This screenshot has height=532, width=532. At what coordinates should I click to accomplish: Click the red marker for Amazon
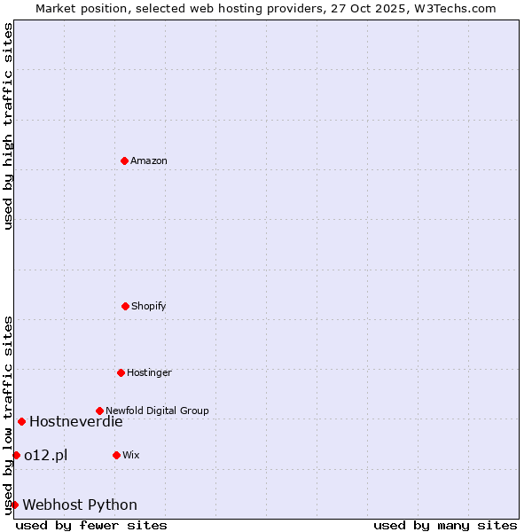[124, 160]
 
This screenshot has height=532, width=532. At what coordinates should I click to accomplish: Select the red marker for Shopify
[125, 306]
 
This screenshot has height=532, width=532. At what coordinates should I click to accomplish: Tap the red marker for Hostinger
[121, 372]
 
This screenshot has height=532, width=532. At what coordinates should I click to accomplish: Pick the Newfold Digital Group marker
[99, 411]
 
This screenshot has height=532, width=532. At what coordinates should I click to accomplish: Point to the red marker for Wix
[116, 455]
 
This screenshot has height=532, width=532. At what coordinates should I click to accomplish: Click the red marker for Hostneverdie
[21, 421]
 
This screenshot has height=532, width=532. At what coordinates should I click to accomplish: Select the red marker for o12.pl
[16, 455]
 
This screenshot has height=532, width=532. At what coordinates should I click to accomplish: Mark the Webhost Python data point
[14, 505]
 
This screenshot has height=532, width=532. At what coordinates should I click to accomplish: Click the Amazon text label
[149, 160]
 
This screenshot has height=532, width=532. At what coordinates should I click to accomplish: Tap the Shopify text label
[149, 306]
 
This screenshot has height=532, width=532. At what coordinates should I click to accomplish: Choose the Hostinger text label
[149, 372]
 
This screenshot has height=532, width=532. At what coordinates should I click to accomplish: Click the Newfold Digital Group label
[157, 411]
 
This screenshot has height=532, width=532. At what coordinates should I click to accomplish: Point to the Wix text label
[131, 455]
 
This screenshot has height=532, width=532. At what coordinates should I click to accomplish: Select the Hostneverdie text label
[76, 422]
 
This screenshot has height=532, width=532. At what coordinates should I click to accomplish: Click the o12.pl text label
[46, 456]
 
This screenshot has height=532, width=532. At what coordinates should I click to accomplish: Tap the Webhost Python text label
[80, 505]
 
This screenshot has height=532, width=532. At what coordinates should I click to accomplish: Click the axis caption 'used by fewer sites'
[91, 525]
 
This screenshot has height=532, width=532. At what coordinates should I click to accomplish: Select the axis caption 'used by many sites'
[445, 525]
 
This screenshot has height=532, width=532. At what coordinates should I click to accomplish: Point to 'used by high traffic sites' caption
[8, 126]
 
